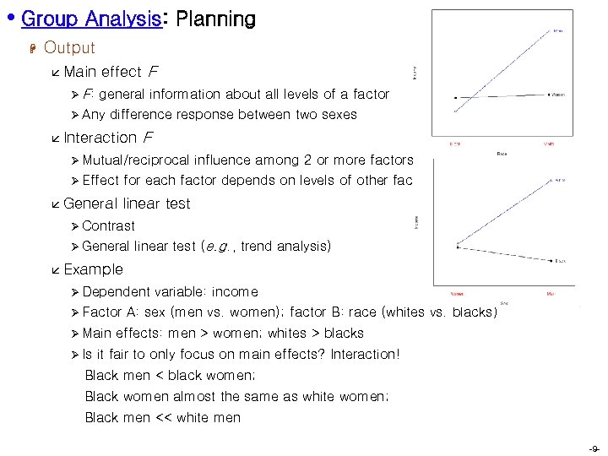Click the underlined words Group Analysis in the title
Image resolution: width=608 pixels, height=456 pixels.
91,19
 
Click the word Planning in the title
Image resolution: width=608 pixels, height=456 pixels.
215,19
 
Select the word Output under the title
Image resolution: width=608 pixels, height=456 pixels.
69,48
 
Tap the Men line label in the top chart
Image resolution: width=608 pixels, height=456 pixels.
559,31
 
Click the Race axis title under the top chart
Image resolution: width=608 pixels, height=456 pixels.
501,154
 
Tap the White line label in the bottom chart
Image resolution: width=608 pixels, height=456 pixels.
561,181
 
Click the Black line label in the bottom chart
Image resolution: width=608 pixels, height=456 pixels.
562,261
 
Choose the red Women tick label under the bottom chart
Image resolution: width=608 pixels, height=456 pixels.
457,294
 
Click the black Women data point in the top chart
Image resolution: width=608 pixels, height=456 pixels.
455,97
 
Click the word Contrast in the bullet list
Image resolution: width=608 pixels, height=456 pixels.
108,225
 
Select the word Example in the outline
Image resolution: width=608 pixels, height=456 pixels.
93,269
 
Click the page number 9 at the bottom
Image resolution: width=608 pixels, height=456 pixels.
594,448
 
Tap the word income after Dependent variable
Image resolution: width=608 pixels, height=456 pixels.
235,291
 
